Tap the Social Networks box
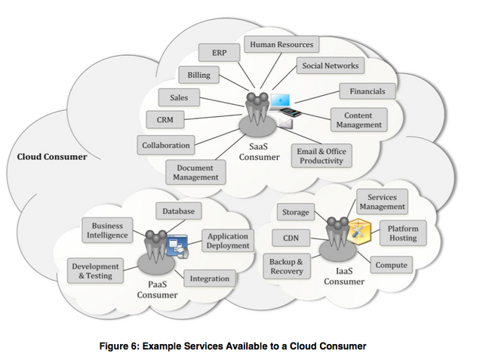[x=330, y=66]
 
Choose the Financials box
[x=367, y=91]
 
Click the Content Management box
[x=358, y=119]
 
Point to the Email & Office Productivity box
[x=321, y=156]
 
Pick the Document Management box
[x=195, y=172]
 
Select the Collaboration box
[x=166, y=145]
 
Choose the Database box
[x=178, y=211]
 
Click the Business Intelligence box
[x=107, y=230]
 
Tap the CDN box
[x=291, y=239]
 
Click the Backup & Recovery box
[x=286, y=266]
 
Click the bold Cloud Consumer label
[x=52, y=157]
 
